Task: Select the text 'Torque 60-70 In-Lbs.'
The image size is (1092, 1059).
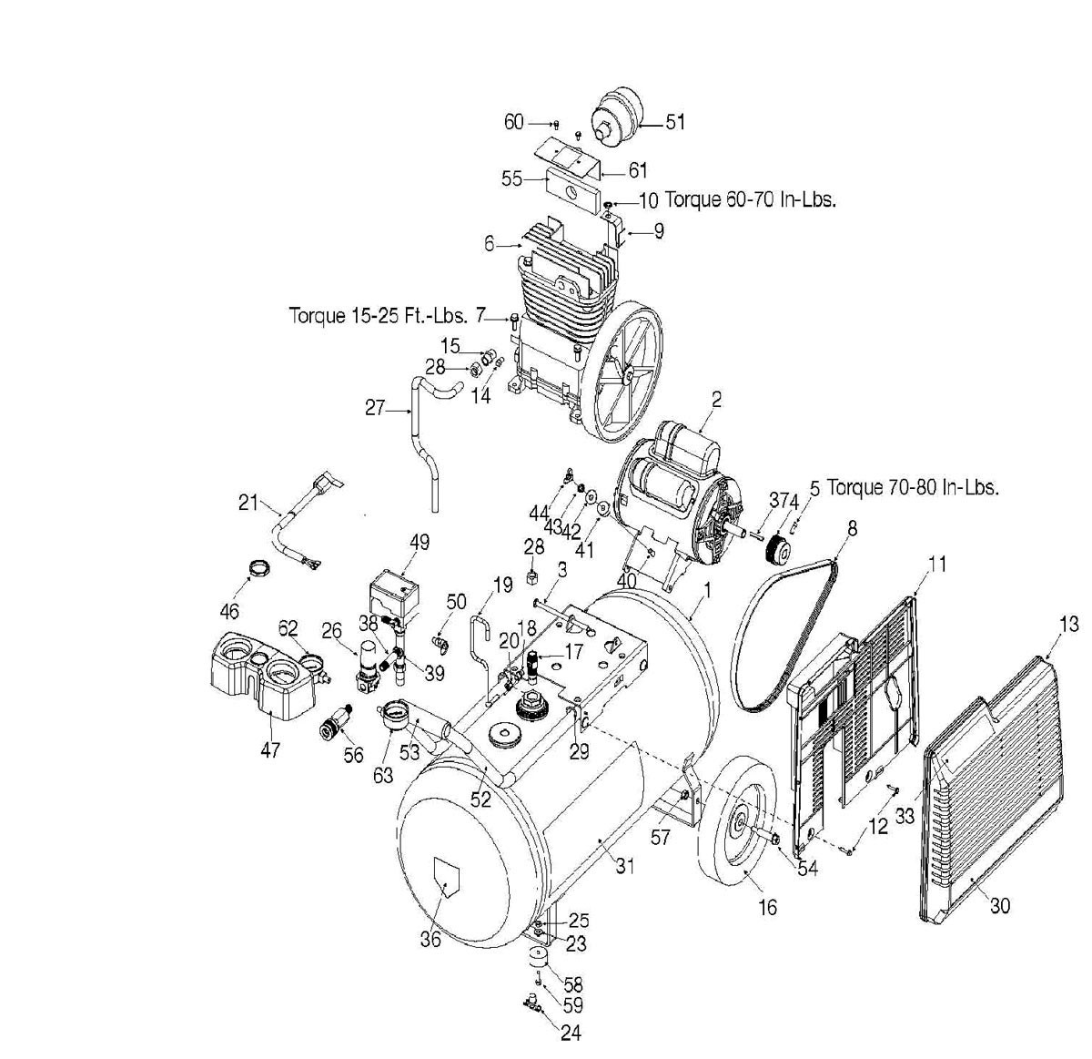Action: click(751, 199)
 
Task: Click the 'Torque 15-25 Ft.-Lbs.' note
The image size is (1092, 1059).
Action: click(379, 316)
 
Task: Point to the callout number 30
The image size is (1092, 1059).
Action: click(1000, 906)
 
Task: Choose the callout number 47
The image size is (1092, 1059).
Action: click(270, 749)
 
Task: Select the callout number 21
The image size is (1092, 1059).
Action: click(248, 502)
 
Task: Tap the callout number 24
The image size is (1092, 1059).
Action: click(571, 1033)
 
